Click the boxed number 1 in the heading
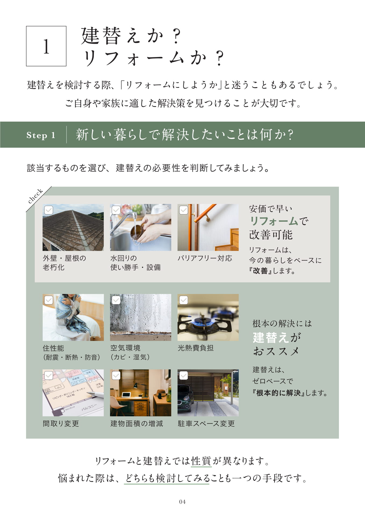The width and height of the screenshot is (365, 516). pyautogui.click(x=46, y=46)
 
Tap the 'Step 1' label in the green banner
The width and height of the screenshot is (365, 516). pyautogui.click(x=41, y=135)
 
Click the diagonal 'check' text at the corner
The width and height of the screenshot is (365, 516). pyautogui.click(x=35, y=196)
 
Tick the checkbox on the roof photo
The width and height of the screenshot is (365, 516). pyautogui.click(x=49, y=210)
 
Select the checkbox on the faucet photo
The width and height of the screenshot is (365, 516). pyautogui.click(x=116, y=210)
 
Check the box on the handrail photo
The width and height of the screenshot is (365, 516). pyautogui.click(x=184, y=210)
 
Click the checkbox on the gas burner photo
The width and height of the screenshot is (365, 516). pyautogui.click(x=184, y=300)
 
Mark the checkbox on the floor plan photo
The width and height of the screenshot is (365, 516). pyautogui.click(x=49, y=375)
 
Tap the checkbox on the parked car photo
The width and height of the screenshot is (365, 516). pyautogui.click(x=184, y=375)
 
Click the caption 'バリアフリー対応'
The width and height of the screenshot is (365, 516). pyautogui.click(x=205, y=258)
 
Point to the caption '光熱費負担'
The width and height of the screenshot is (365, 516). pyautogui.click(x=196, y=348)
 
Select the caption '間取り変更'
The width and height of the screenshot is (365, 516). pyautogui.click(x=61, y=424)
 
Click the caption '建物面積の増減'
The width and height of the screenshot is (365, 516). pyautogui.click(x=137, y=424)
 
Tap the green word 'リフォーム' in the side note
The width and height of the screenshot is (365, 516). pyautogui.click(x=274, y=221)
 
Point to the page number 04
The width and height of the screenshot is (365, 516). pyautogui.click(x=182, y=501)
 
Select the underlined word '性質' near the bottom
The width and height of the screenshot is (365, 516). pyautogui.click(x=201, y=461)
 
